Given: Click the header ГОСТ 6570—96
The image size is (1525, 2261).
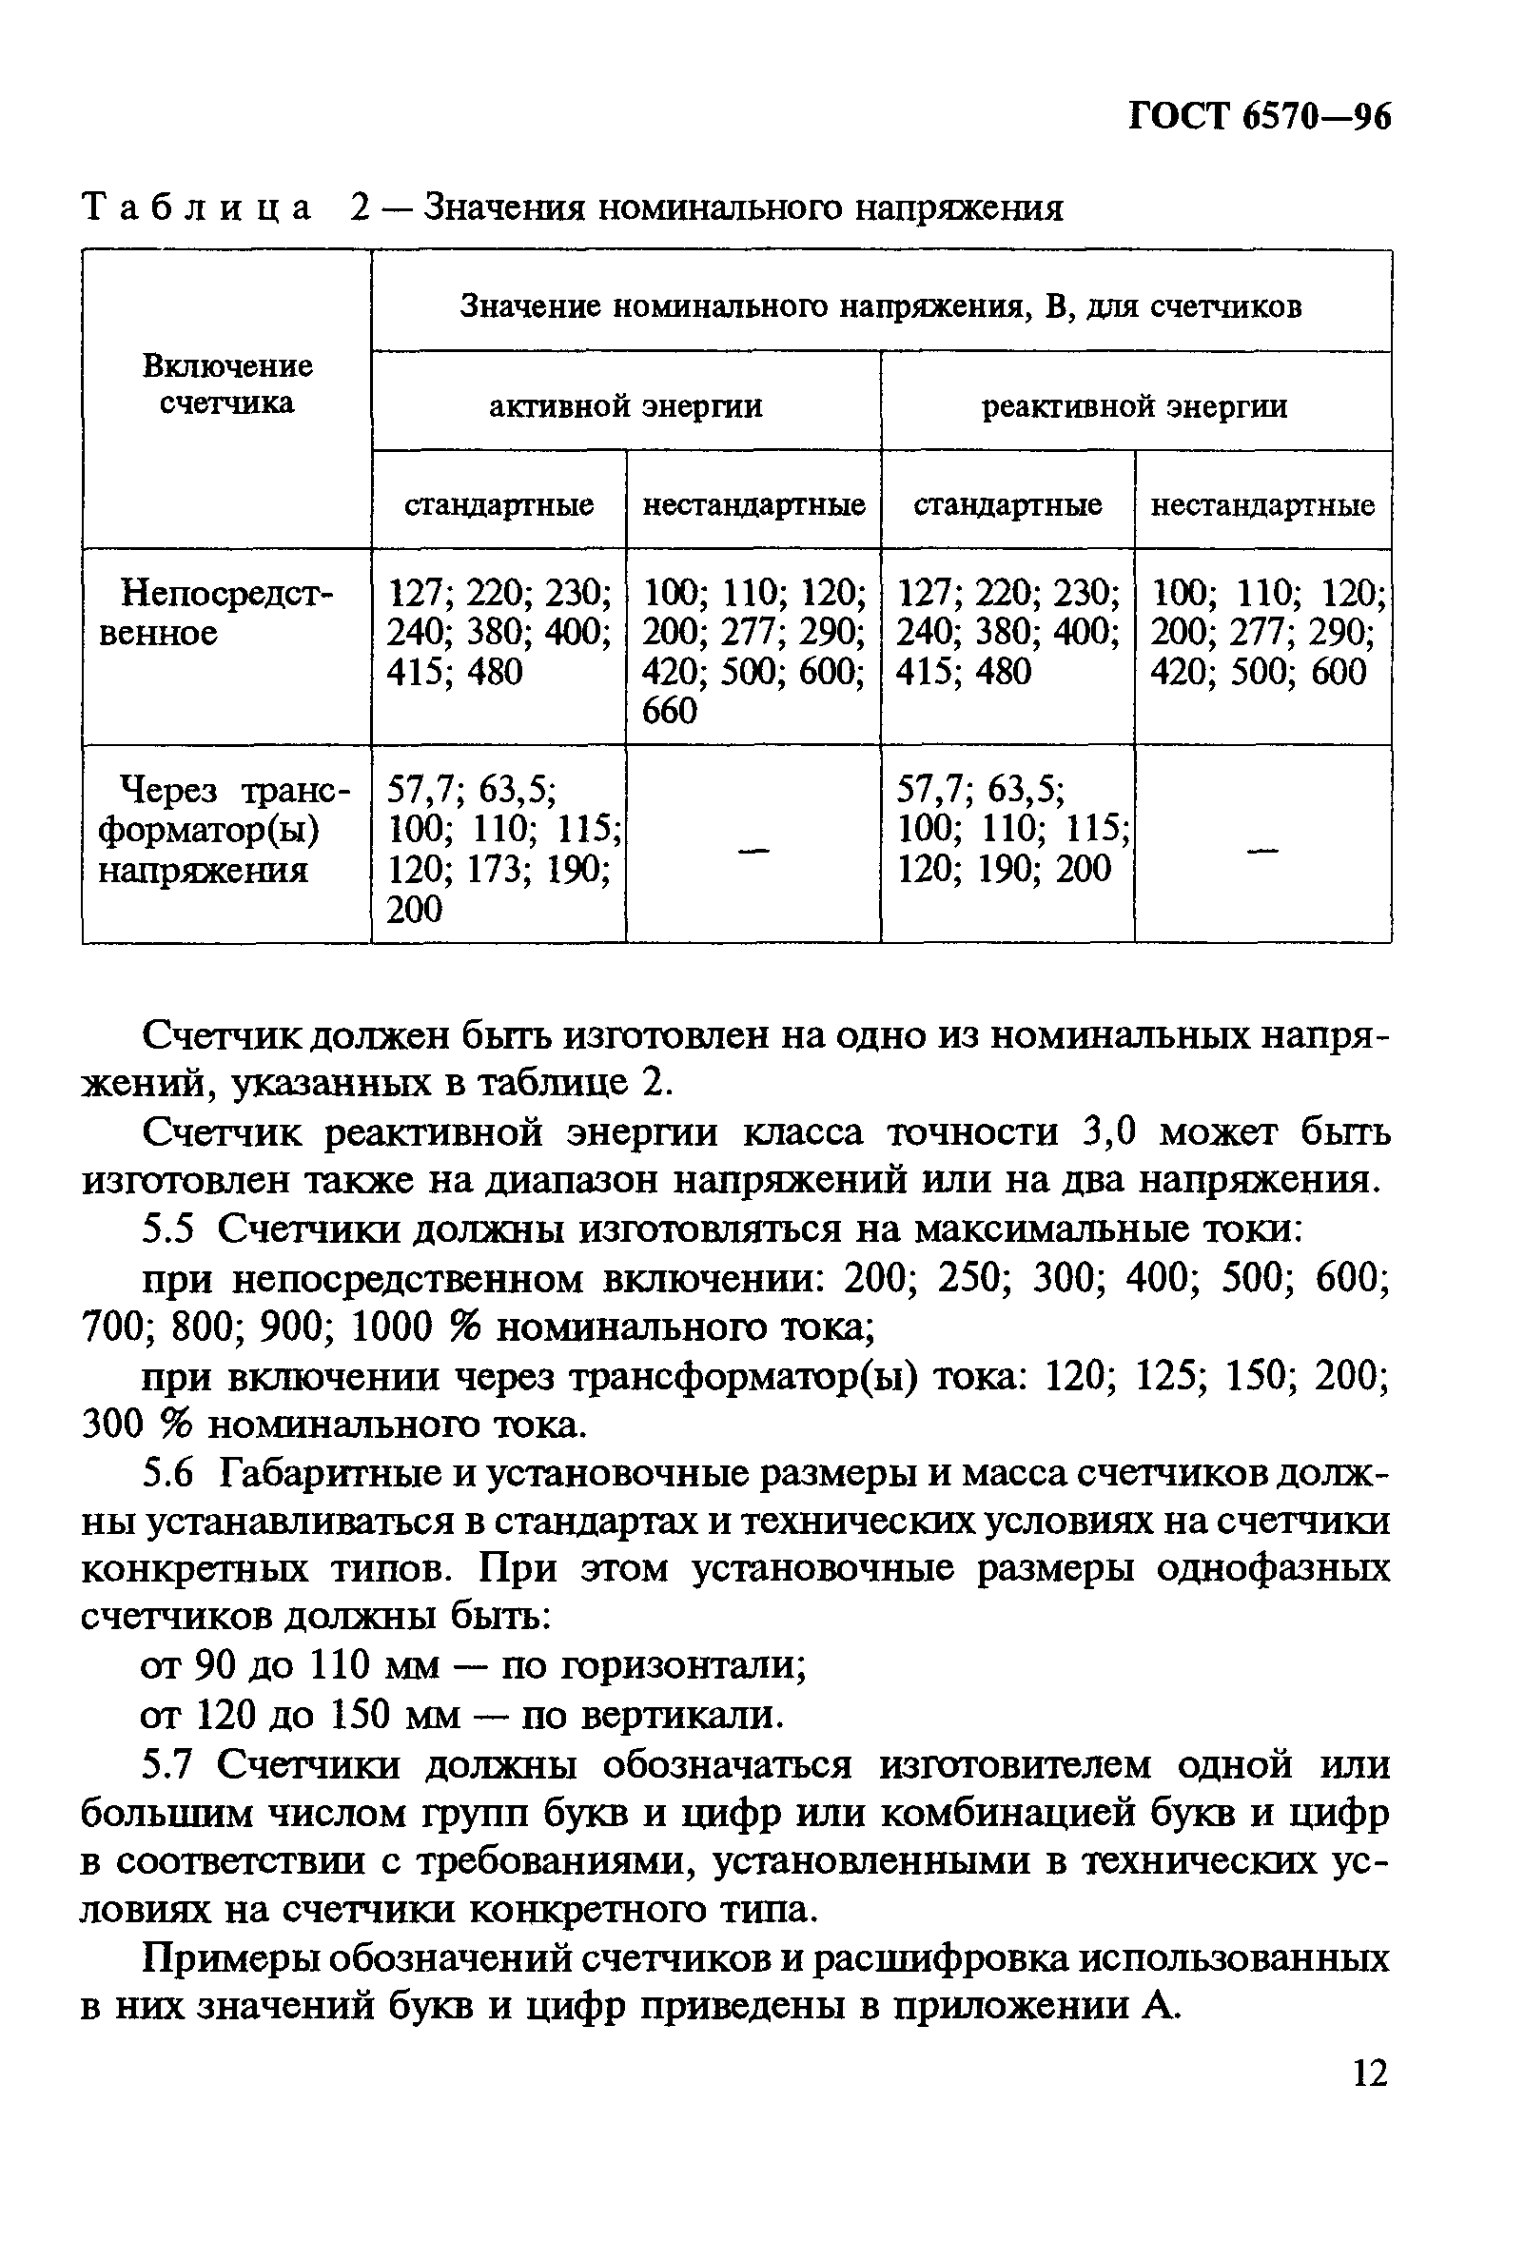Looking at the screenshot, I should pos(1260,117).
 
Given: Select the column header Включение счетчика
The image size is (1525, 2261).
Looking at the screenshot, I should pos(227,384).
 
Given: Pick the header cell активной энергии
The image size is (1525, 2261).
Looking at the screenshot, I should pos(625,405).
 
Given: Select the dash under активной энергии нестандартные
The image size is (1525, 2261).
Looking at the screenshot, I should pos(753,850).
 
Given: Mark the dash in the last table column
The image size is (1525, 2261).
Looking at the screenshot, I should pos(1261,850).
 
